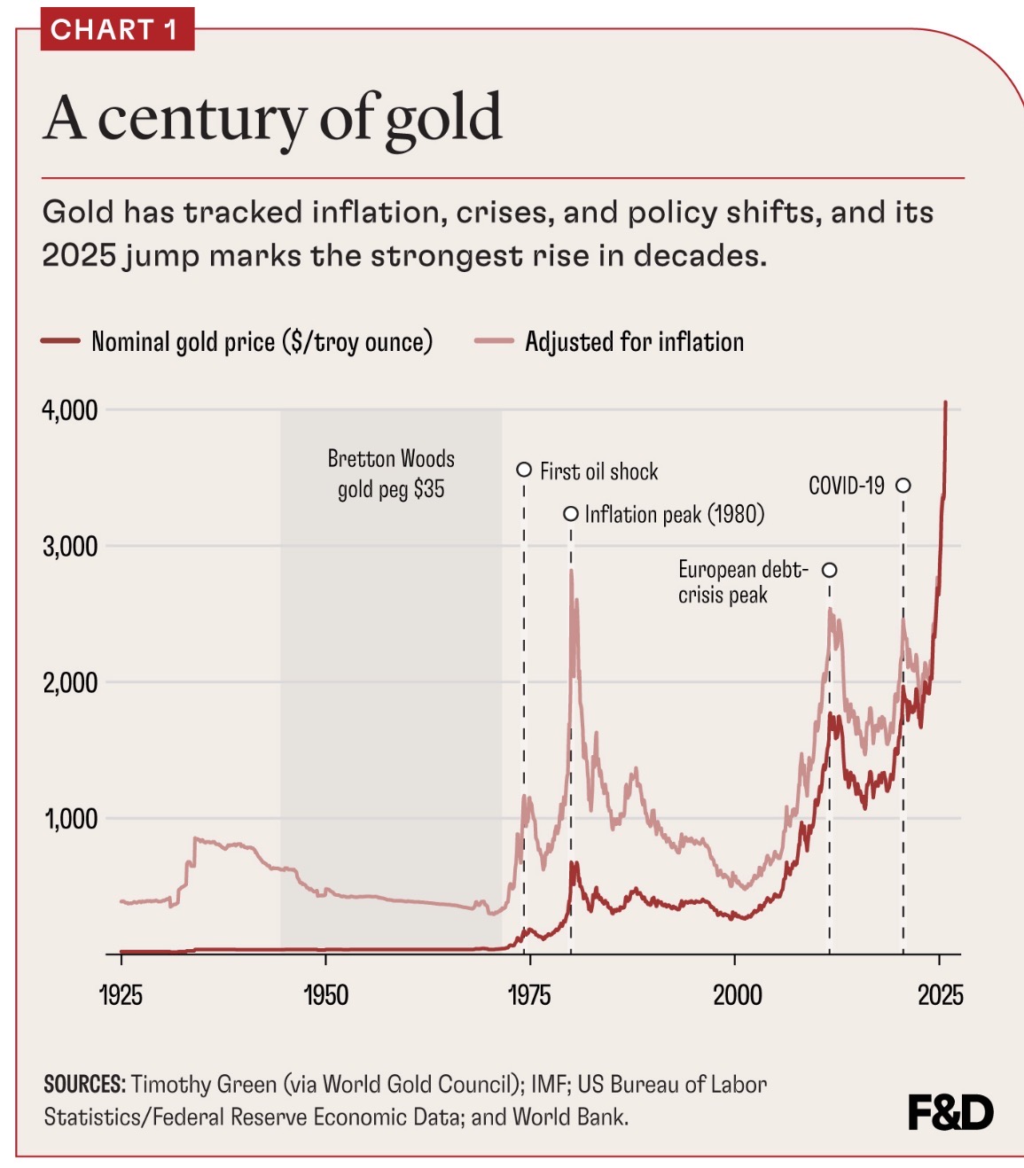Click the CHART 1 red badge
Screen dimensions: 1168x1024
click(x=117, y=30)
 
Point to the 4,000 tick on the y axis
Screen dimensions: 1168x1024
click(x=70, y=410)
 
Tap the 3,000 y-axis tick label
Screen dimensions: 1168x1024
click(x=70, y=546)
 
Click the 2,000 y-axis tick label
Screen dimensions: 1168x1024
click(x=70, y=682)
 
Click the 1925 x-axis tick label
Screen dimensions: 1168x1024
click(x=121, y=995)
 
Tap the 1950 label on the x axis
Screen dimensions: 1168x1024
click(x=325, y=995)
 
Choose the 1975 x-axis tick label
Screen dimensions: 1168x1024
click(x=529, y=995)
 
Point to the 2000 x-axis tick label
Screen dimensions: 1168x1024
click(x=737, y=995)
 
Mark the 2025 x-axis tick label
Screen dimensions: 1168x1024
click(x=940, y=995)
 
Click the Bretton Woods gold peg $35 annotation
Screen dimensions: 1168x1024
click(x=391, y=474)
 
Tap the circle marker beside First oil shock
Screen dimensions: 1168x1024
click(x=524, y=470)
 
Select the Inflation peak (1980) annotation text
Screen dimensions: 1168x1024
click(x=674, y=514)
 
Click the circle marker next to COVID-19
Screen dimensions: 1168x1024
click(x=903, y=485)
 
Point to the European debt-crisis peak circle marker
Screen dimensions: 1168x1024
click(x=830, y=570)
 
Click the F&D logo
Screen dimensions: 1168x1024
click(x=950, y=1113)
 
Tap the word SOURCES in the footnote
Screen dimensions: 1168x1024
click(x=85, y=1085)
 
